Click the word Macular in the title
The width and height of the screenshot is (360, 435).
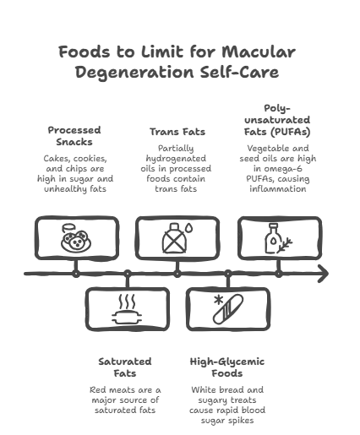click(259, 52)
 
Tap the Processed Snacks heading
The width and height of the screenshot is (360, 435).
click(74, 136)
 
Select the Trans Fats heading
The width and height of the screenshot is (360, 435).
click(177, 132)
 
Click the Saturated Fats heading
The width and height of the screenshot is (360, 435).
click(125, 367)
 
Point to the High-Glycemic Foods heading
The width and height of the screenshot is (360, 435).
click(227, 367)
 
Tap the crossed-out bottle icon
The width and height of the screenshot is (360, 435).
click(175, 238)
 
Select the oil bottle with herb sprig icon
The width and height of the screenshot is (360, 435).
click(278, 238)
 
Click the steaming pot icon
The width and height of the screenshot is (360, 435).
click(127, 309)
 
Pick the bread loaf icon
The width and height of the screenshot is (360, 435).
click(228, 309)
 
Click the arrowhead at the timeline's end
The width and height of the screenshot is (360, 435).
click(324, 274)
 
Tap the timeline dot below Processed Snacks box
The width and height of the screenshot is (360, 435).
click(76, 274)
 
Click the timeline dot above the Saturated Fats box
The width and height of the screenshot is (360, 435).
click(128, 274)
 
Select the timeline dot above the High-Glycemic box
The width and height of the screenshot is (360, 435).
click(228, 274)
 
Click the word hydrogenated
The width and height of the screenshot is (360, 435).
click(176, 159)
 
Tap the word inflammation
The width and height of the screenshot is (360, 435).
click(278, 188)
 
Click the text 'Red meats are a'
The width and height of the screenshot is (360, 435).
click(125, 390)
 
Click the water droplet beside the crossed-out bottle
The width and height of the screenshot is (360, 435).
click(190, 227)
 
